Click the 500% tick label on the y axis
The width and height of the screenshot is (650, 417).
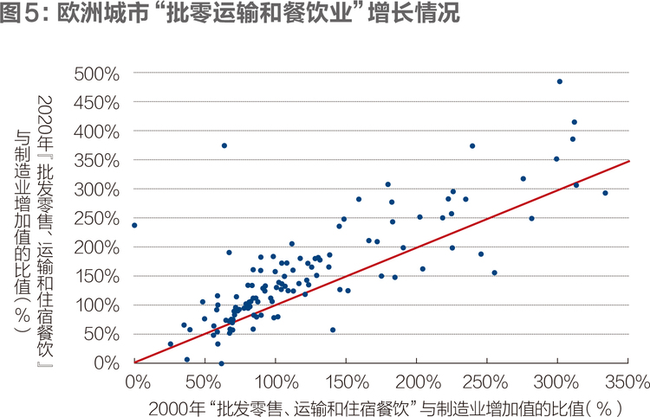tap(96, 74)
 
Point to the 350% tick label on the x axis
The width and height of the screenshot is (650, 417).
tap(627, 382)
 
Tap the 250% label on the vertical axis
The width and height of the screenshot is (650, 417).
tap(96, 219)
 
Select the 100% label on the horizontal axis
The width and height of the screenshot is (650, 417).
tap(276, 382)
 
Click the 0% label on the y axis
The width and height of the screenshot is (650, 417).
tap(107, 362)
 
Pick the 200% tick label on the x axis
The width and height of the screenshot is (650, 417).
tap(418, 382)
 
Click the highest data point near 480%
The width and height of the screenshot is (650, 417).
tap(560, 81)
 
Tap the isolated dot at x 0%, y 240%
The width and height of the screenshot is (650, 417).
tap(134, 226)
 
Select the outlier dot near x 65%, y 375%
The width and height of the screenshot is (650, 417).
tap(224, 145)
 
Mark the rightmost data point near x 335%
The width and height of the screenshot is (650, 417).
tap(605, 193)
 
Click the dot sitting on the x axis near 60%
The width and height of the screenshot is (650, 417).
tap(221, 363)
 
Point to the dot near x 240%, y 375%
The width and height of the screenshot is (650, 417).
tap(472, 146)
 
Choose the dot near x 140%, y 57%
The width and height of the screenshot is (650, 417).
tap(333, 330)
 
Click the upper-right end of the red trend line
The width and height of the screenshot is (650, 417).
tap(629, 161)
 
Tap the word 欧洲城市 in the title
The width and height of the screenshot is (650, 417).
tap(102, 12)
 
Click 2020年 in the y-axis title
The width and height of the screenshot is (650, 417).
tap(45, 123)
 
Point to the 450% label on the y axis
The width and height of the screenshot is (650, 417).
tap(96, 104)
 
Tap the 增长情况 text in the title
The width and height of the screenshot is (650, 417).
tap(413, 12)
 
